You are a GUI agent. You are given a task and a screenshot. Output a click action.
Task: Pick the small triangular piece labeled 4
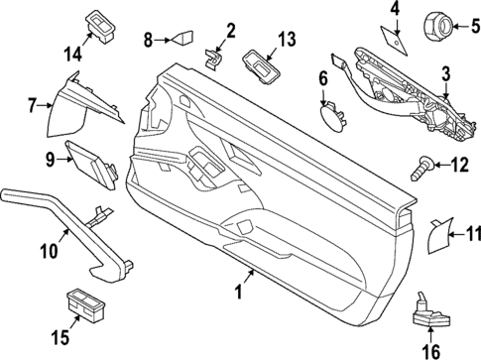[393, 37]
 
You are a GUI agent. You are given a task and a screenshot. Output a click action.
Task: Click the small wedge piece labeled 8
[180, 41]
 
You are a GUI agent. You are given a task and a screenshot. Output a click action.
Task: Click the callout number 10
[48, 251]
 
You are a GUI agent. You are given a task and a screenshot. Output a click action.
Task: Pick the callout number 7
[33, 102]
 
